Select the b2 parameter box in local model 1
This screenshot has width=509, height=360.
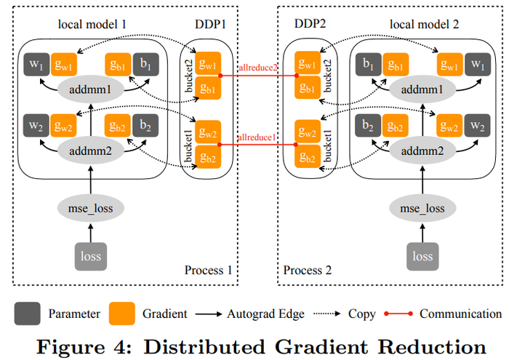pyautogui.click(x=145, y=124)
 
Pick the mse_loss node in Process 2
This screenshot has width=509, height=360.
pyautogui.click(x=422, y=209)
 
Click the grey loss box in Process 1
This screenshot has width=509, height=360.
pyautogui.click(x=91, y=255)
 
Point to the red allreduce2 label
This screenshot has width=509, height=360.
pyautogui.click(x=259, y=68)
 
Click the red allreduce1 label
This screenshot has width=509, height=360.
pyautogui.click(x=258, y=137)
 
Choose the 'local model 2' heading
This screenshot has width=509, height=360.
pyautogui.click(x=425, y=25)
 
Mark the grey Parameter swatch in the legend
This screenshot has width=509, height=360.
pyautogui.click(x=26, y=314)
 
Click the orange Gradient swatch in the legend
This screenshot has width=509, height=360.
pyautogui.click(x=122, y=314)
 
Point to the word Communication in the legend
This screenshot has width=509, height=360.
pyautogui.click(x=460, y=314)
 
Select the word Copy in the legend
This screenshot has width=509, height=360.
pyautogui.click(x=362, y=314)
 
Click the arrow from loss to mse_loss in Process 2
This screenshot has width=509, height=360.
pyautogui.click(x=422, y=232)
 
